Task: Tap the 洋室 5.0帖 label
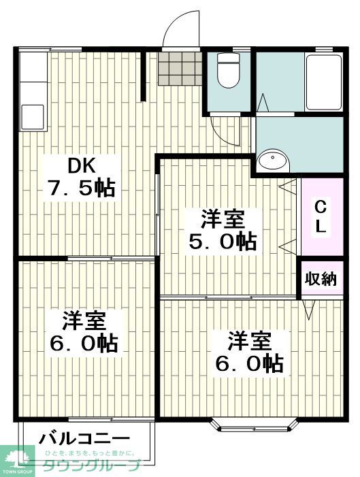tap(222, 231)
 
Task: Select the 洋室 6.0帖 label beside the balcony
tap(84, 331)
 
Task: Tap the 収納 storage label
tap(321, 279)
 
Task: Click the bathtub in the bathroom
tap(323, 82)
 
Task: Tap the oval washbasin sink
tap(274, 161)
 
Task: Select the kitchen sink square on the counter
tap(32, 114)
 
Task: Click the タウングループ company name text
tap(92, 466)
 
